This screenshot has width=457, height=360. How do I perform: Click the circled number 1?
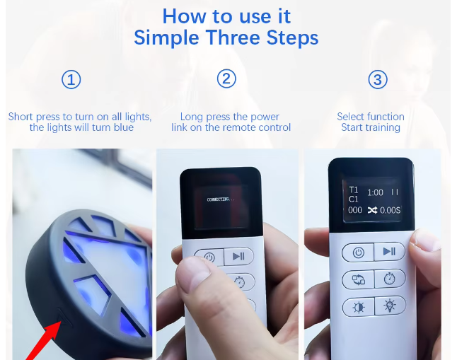click(71, 80)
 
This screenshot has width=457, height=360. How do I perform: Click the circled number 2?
click(226, 79)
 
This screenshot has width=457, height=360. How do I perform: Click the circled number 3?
click(378, 79)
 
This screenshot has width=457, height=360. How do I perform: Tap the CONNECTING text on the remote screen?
click(221, 199)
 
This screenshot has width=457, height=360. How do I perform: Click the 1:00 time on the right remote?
click(375, 192)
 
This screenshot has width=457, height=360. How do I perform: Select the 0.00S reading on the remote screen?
click(391, 210)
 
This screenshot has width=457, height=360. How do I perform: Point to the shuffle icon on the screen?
click(372, 210)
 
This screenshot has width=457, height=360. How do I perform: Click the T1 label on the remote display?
click(354, 190)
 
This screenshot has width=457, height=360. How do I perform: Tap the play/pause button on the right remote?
click(389, 251)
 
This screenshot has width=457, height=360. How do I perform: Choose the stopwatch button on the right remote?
click(390, 279)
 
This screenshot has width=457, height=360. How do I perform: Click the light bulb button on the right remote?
click(390, 306)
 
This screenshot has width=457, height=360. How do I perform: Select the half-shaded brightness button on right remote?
click(358, 307)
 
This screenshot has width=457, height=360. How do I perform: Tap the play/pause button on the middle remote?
click(238, 257)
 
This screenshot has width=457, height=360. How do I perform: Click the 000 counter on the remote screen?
click(355, 210)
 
